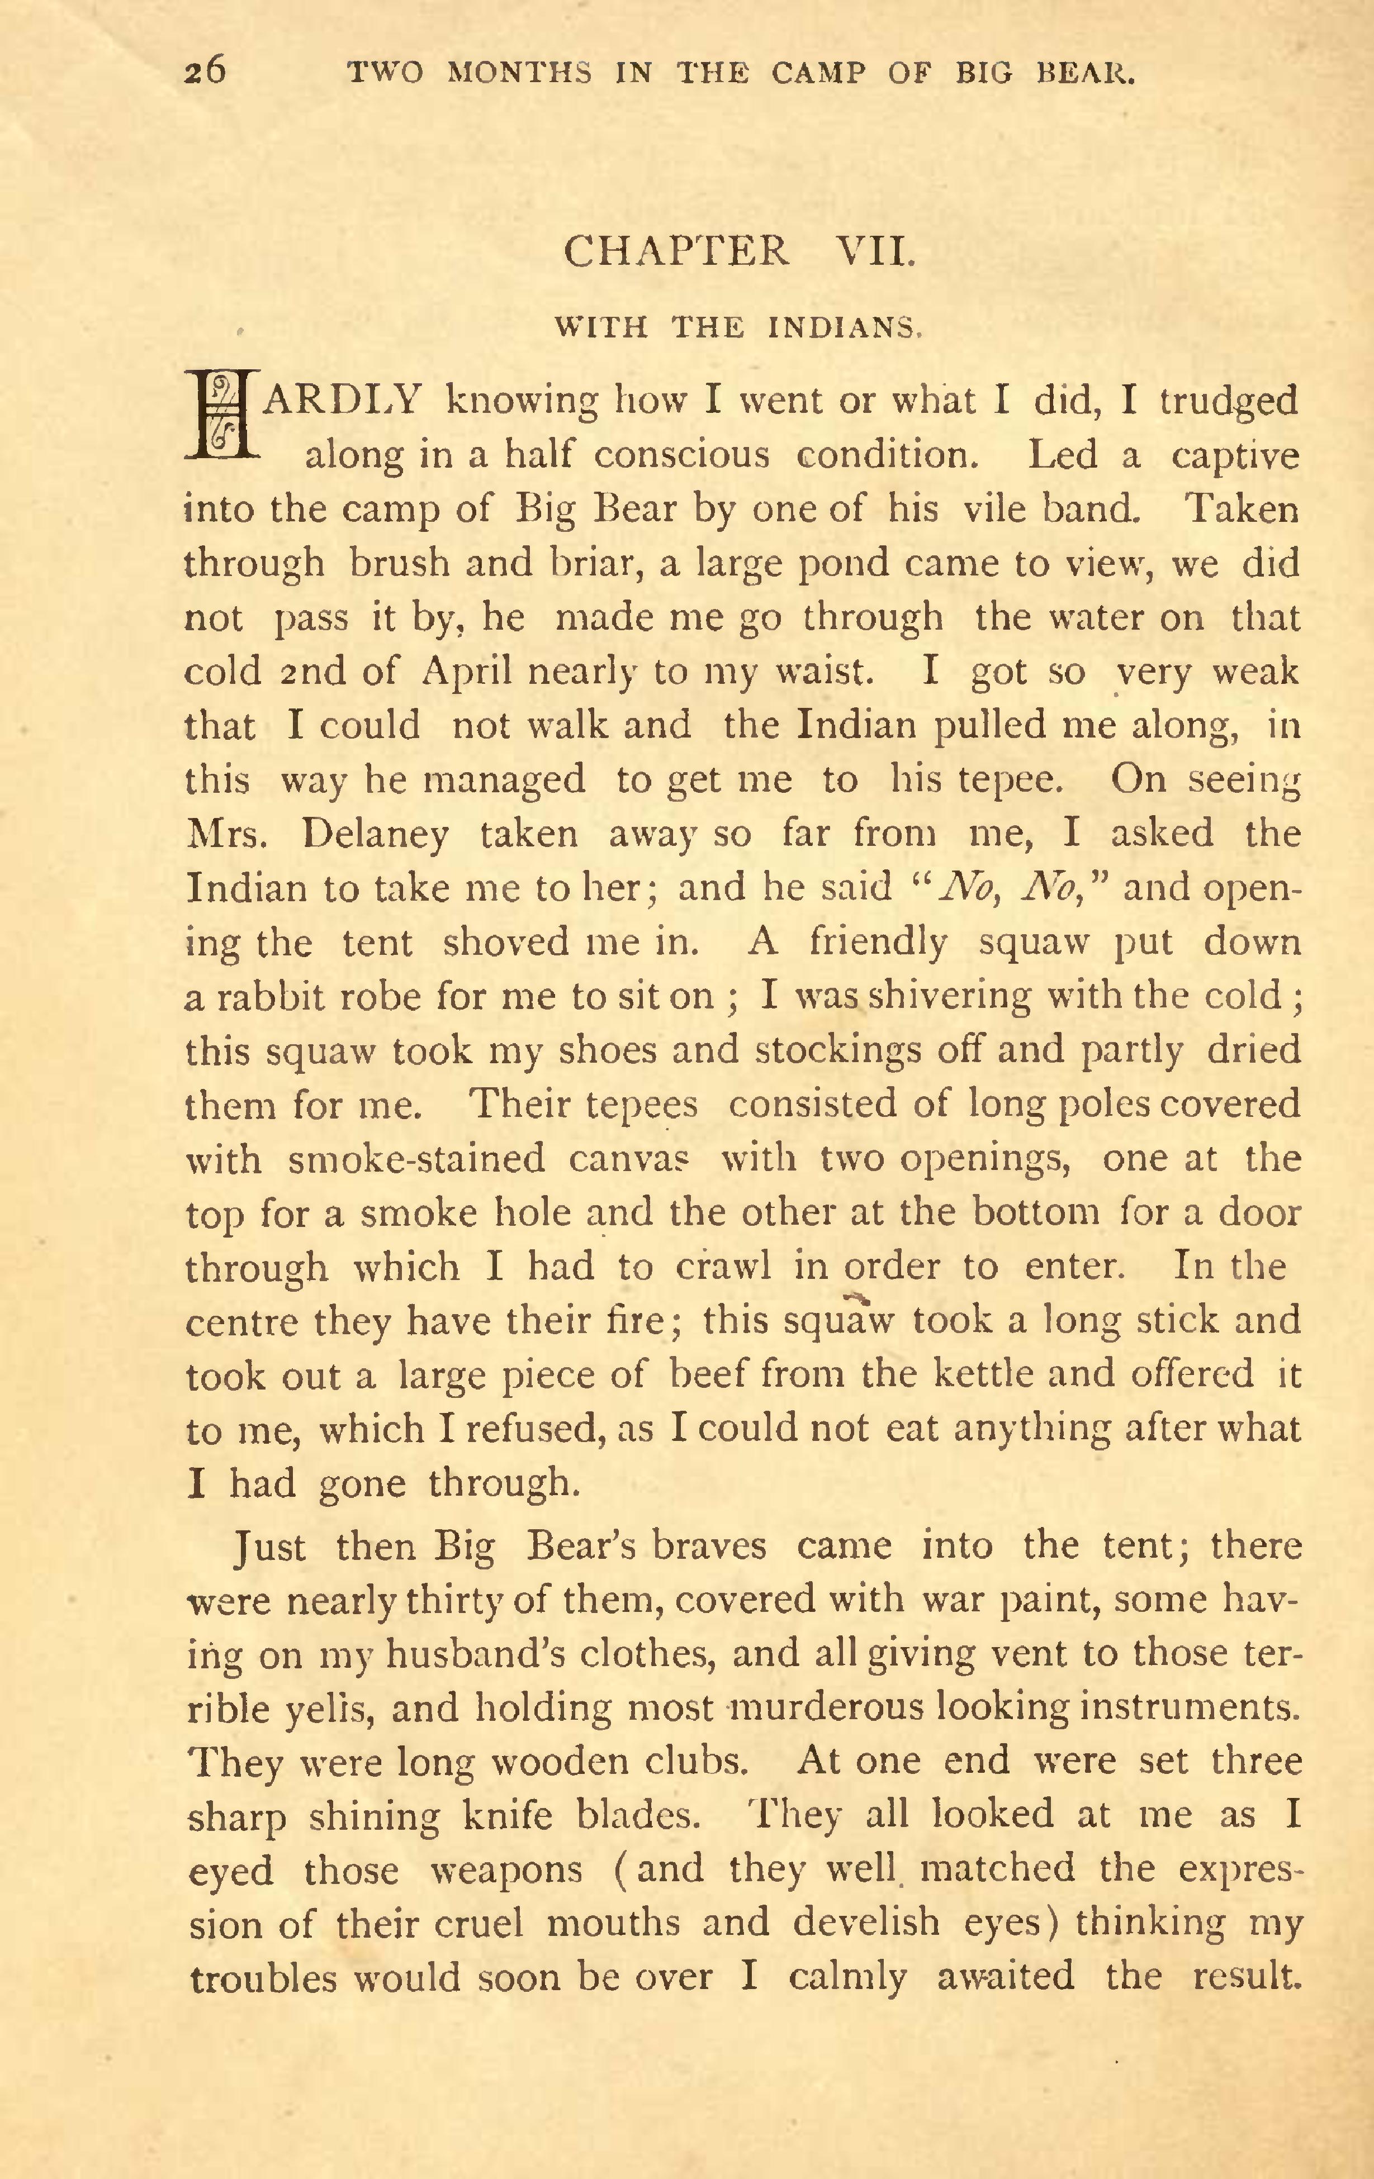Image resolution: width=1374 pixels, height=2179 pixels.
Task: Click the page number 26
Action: coord(205,70)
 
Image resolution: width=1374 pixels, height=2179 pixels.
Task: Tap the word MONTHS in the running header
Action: coord(519,73)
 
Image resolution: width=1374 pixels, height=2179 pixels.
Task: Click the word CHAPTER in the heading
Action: coord(675,251)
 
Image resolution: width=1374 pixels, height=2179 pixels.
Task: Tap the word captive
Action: coord(1235,455)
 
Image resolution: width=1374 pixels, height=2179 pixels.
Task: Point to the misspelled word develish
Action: coord(867,1923)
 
